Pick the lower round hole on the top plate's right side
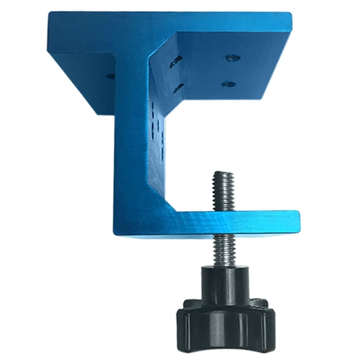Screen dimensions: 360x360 228,84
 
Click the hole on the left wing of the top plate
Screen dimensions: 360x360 109,74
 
